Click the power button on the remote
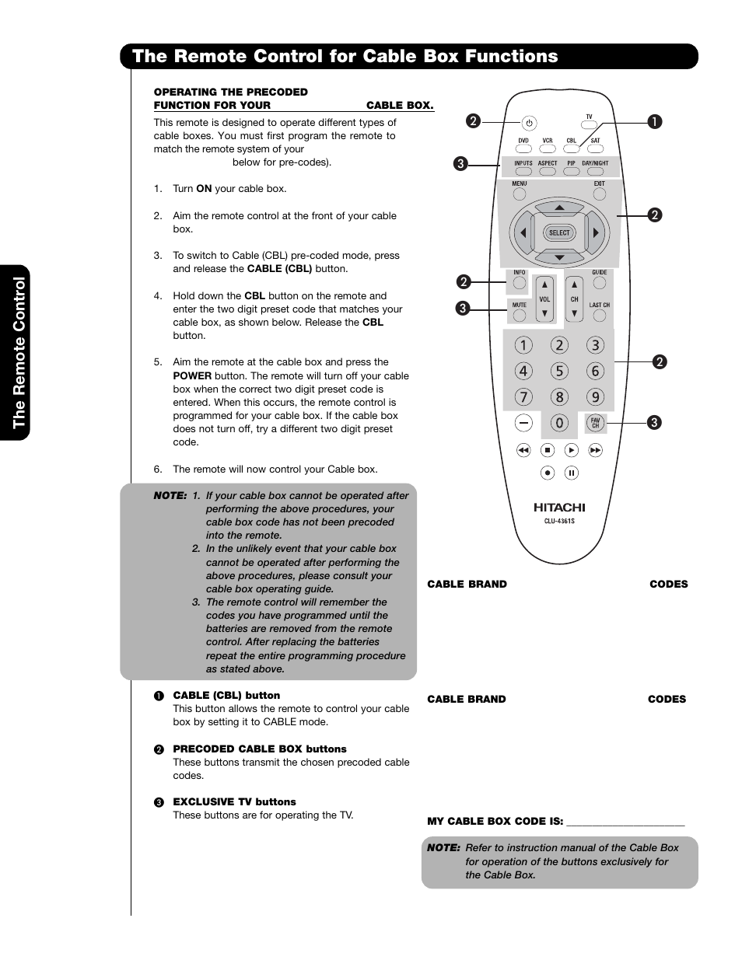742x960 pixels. coord(529,123)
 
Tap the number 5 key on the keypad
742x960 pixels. coord(558,372)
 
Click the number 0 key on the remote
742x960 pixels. coord(558,423)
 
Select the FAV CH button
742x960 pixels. coord(595,423)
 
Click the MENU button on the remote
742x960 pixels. coord(520,194)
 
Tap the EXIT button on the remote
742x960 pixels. coord(599,194)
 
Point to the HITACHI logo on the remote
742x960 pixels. coord(558,508)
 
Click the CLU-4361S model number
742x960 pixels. coord(558,521)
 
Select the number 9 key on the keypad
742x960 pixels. coord(595,397)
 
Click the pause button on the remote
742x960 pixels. coord(571,473)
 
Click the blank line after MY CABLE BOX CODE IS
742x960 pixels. coord(625,821)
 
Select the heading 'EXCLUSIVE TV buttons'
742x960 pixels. coord(234,801)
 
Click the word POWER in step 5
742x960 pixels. coord(192,375)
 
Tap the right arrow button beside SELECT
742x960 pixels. coord(596,232)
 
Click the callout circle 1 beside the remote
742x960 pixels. coord(655,121)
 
